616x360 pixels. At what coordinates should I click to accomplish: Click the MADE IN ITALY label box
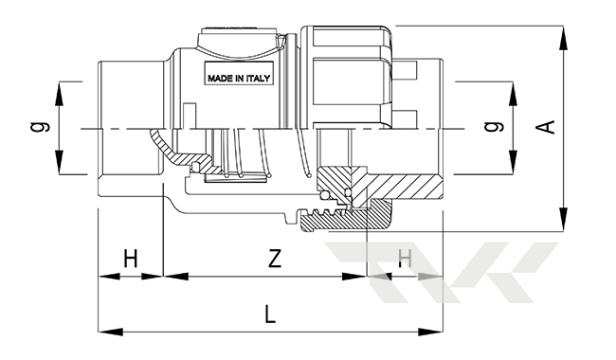point(239,73)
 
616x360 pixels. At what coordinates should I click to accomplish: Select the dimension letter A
point(547,127)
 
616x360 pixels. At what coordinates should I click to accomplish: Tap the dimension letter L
point(270,315)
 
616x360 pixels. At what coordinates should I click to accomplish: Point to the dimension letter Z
point(275,259)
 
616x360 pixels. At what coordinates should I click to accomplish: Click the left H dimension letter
point(131,259)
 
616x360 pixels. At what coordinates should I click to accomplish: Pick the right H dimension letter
point(405,259)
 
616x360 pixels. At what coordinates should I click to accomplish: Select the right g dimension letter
point(494,126)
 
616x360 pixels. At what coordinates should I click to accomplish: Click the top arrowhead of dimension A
point(564,38)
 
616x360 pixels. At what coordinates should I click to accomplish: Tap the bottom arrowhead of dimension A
point(564,219)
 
